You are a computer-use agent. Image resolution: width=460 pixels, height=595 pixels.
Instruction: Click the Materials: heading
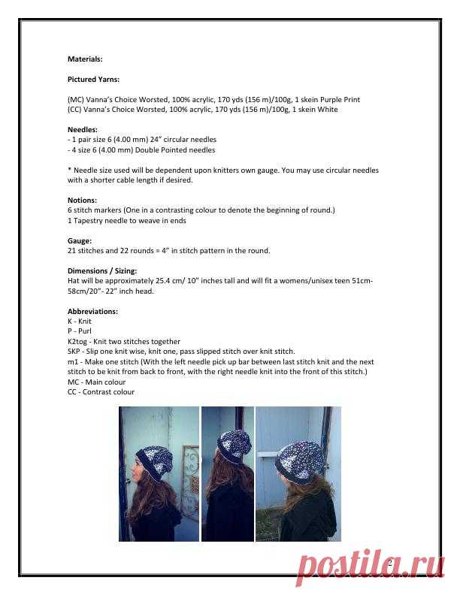85,59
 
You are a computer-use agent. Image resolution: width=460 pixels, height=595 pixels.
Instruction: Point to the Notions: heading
82,201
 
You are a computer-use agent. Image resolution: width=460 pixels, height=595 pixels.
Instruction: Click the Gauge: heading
80,241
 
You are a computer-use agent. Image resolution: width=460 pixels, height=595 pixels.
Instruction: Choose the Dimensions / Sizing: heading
102,271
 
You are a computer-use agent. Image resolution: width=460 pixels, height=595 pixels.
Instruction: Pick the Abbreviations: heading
92,311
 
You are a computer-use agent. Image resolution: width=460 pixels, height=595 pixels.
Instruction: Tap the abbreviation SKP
74,352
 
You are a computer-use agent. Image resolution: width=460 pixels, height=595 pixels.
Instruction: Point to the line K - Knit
80,321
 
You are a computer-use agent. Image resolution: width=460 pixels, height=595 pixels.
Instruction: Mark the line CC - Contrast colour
101,392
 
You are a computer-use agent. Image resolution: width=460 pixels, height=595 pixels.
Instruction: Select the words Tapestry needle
98,221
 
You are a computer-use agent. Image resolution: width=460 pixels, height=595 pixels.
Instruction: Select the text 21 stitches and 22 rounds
117,251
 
